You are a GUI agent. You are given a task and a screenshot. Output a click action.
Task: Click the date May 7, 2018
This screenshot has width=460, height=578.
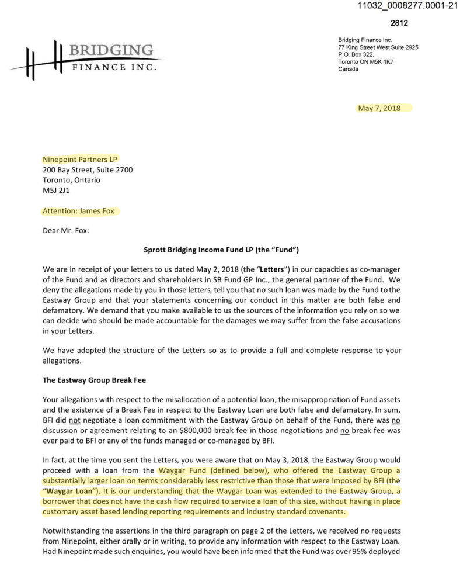(x=383, y=108)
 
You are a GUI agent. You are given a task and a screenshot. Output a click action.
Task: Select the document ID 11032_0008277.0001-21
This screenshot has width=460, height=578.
(x=407, y=8)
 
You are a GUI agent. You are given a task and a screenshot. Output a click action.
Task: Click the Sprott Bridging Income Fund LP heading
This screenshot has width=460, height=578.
(x=221, y=250)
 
